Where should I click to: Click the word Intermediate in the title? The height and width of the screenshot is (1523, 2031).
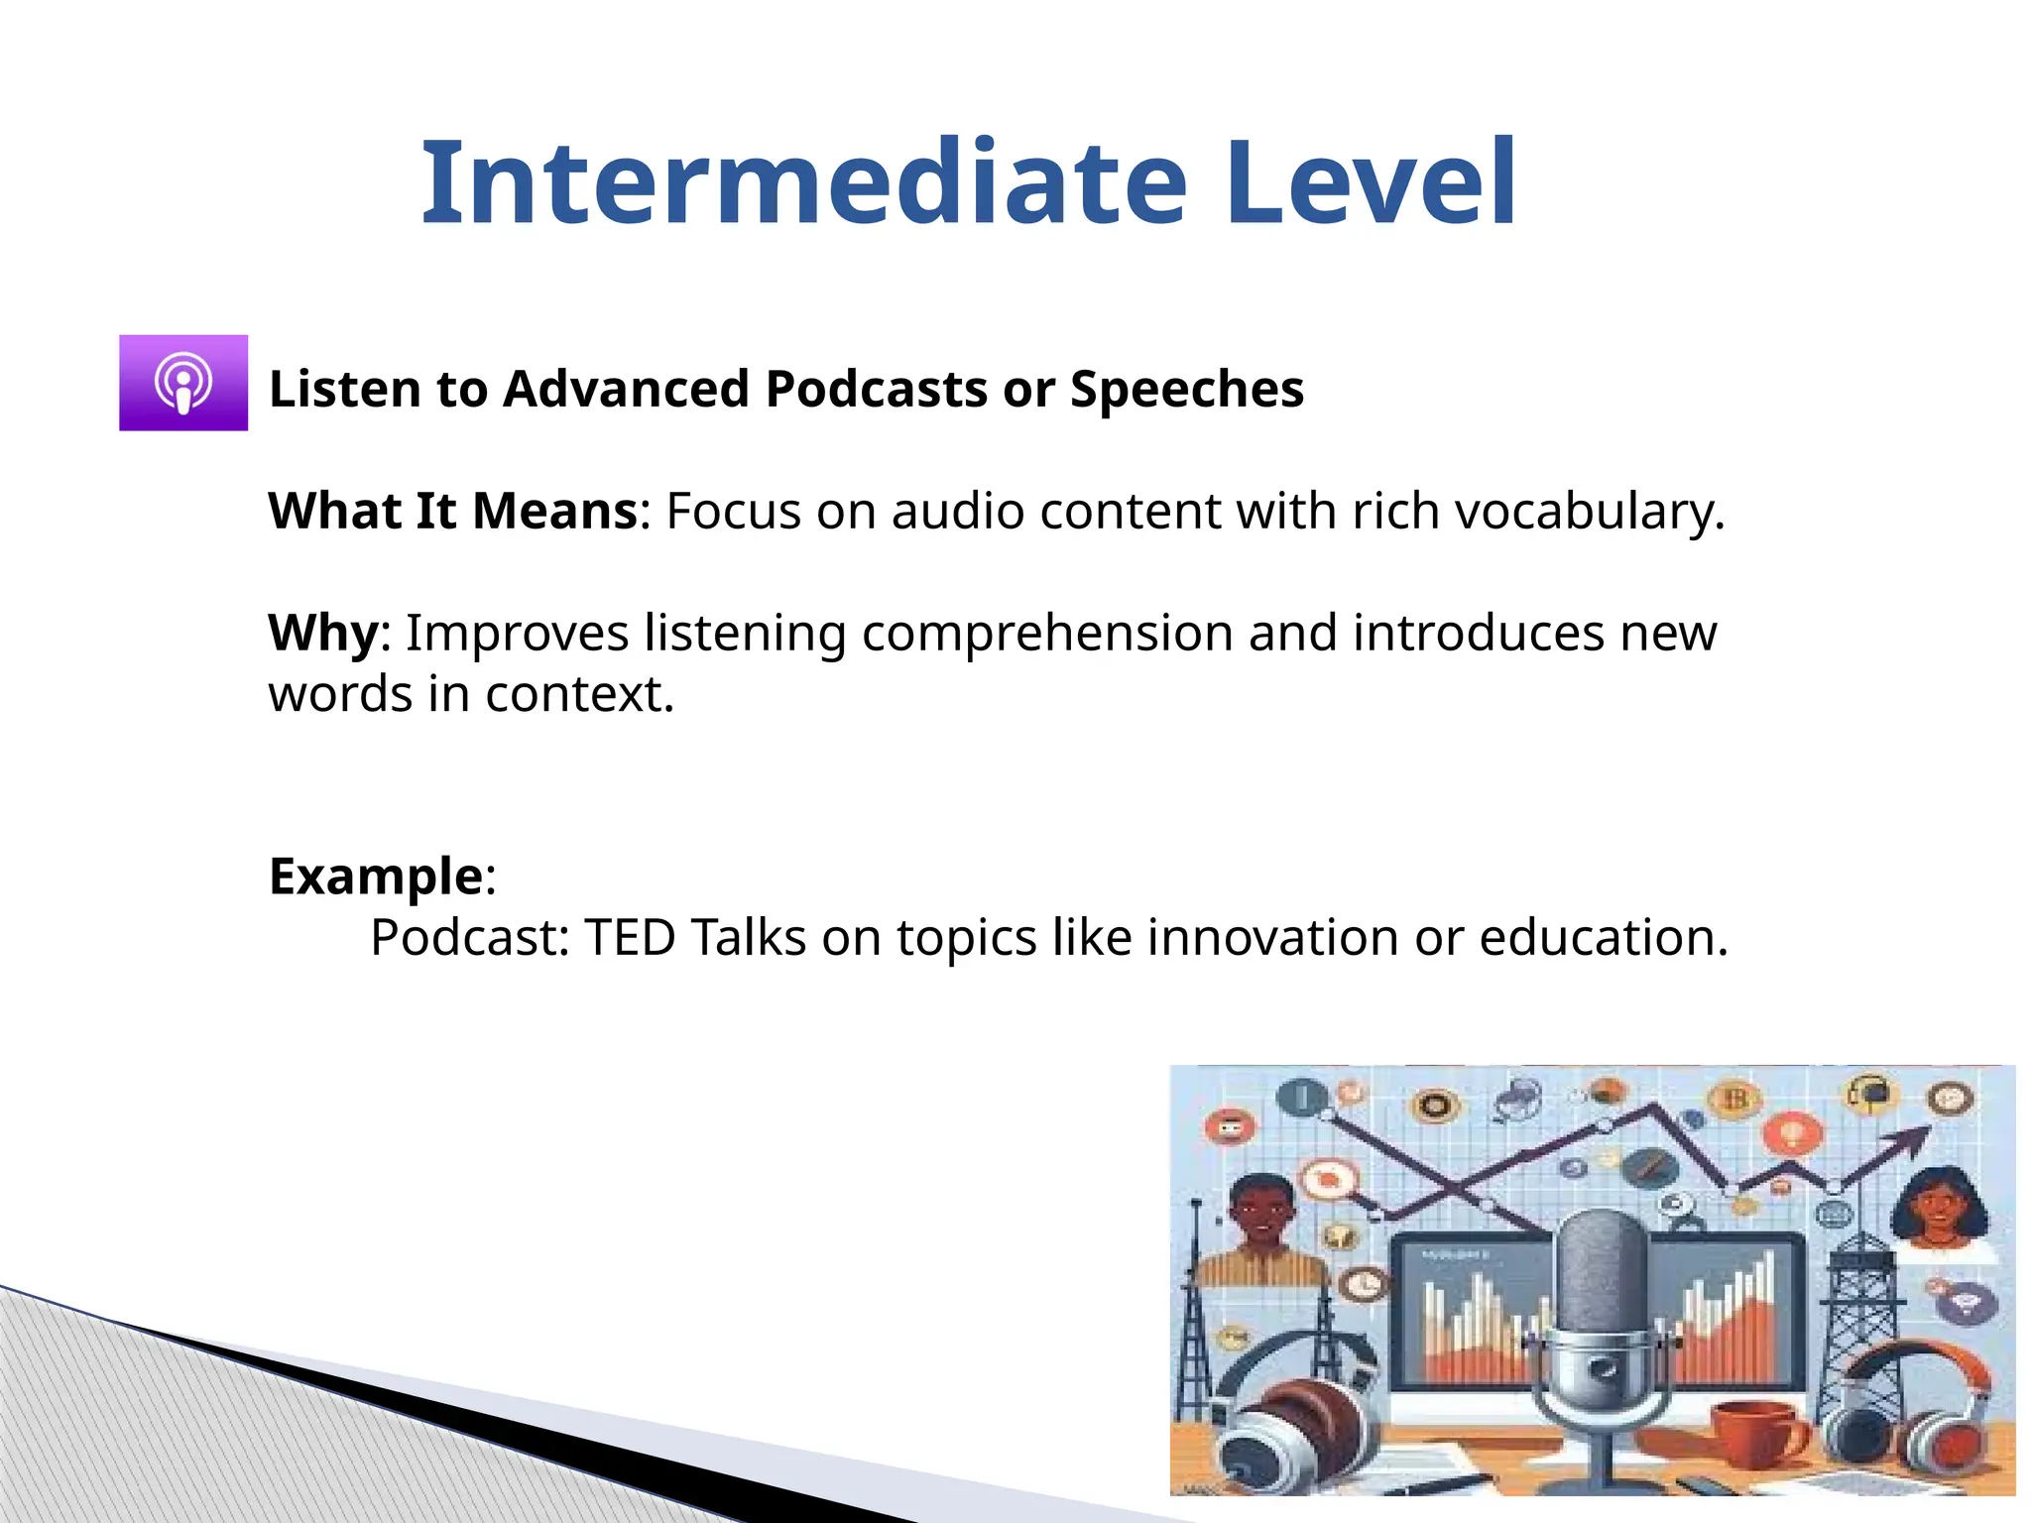[803, 183]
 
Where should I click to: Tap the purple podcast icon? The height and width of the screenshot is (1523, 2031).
[183, 383]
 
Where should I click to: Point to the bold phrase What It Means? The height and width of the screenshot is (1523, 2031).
[452, 512]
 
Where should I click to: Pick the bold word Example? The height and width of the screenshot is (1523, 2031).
[376, 877]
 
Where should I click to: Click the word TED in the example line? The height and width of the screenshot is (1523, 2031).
[630, 938]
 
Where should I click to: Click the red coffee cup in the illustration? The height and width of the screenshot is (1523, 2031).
[1760, 1433]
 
